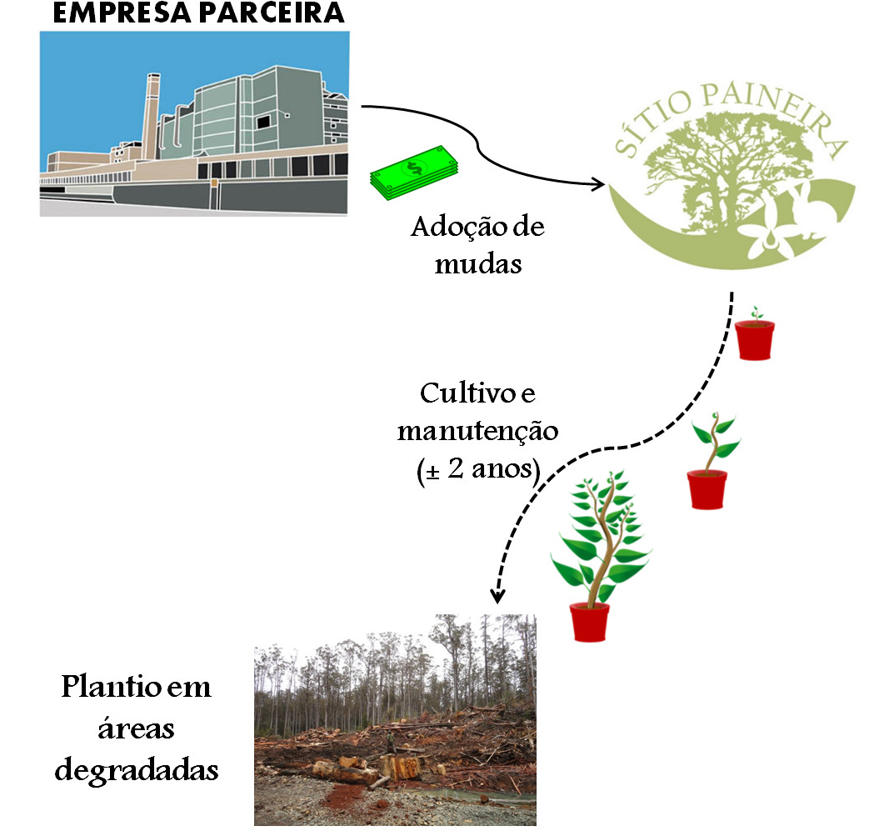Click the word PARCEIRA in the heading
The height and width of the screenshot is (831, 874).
[267, 13]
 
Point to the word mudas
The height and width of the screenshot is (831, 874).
[478, 264]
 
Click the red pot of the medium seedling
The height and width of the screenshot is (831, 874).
[707, 489]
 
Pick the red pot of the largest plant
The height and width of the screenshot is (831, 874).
[589, 622]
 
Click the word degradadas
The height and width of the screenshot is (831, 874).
[137, 768]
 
